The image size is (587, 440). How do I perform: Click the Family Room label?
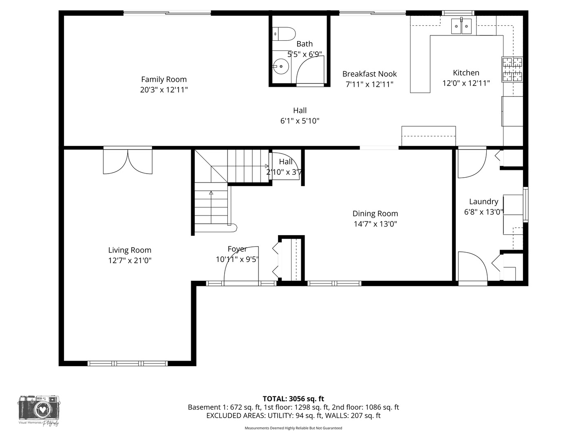point(164,79)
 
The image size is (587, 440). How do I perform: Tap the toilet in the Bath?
point(285,34)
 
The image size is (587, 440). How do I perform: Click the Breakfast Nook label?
point(369,74)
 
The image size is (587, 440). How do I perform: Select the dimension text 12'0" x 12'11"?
point(466,83)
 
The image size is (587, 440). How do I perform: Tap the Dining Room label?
point(375,213)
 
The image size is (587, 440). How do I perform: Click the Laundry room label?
point(483,201)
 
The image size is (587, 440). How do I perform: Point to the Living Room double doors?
point(128,161)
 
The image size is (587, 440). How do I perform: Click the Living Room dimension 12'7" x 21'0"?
point(130,261)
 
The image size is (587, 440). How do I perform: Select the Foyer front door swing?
point(241,265)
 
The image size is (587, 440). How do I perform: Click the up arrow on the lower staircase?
point(211,193)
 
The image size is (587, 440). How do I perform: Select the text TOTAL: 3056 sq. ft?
point(293,398)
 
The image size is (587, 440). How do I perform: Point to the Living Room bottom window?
point(128,363)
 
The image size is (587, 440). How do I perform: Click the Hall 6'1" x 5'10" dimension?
point(300,121)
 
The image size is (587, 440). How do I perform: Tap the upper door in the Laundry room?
point(472,163)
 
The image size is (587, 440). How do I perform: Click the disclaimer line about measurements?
point(293,428)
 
